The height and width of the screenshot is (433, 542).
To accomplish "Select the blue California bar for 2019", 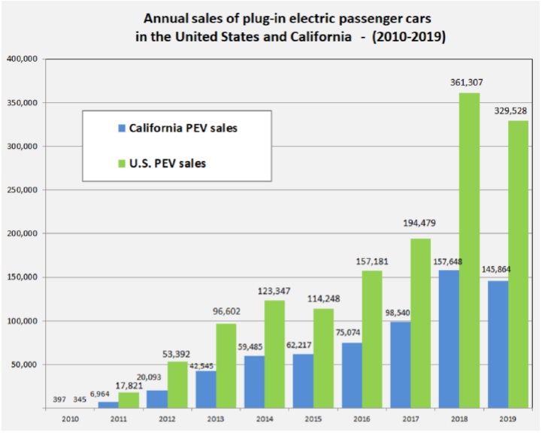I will [498, 344].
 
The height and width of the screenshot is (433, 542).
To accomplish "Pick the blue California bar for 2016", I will [352, 375].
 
